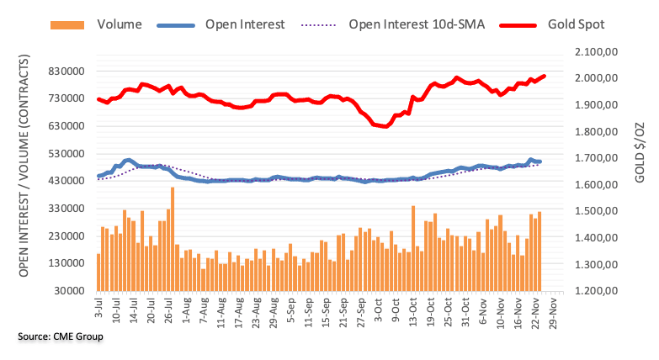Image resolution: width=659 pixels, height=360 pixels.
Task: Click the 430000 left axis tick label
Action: point(66,181)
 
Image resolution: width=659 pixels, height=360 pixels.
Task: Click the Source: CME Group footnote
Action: point(56,337)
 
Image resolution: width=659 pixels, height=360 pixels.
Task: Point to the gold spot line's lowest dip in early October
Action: point(386,127)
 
